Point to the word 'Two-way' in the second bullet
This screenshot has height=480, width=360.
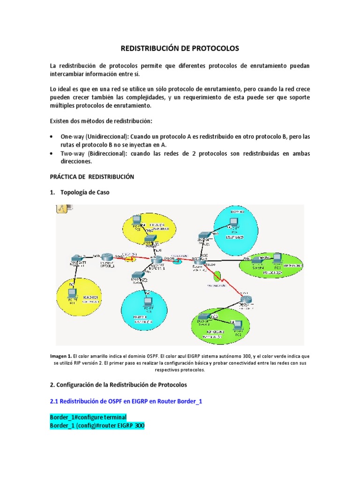(x=72, y=153)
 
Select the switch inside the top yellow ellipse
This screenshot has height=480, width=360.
(x=150, y=239)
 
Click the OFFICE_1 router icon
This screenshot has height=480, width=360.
(x=109, y=256)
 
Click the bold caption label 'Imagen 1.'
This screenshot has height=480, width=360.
(x=61, y=356)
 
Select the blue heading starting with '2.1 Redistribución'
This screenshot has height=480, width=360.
(x=127, y=402)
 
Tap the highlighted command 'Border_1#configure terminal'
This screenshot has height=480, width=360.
(x=88, y=417)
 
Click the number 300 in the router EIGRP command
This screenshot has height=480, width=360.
(x=137, y=425)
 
